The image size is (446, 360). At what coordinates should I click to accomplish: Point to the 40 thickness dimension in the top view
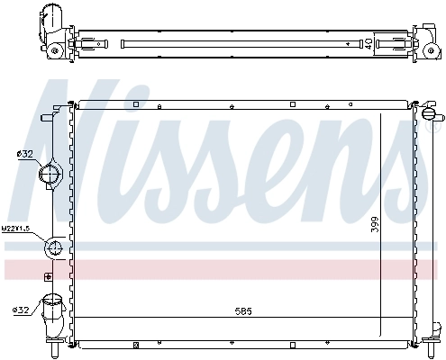point(368,42)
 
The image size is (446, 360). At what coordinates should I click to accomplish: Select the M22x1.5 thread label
point(16,229)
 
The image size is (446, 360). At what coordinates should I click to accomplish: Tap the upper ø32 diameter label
point(24,154)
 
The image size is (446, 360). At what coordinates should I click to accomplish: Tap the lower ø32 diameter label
point(22,310)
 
